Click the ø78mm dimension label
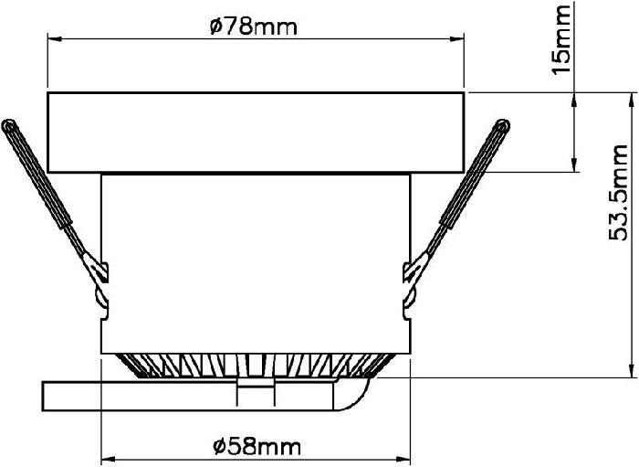coord(254,27)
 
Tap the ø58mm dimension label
coord(257,447)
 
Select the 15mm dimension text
coord(561,39)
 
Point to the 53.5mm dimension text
coord(618,192)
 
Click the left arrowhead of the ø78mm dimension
coord(55,39)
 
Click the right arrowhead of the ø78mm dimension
coord(457,39)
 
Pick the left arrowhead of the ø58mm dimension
coord(108,460)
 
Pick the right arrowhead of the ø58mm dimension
coord(403,460)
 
